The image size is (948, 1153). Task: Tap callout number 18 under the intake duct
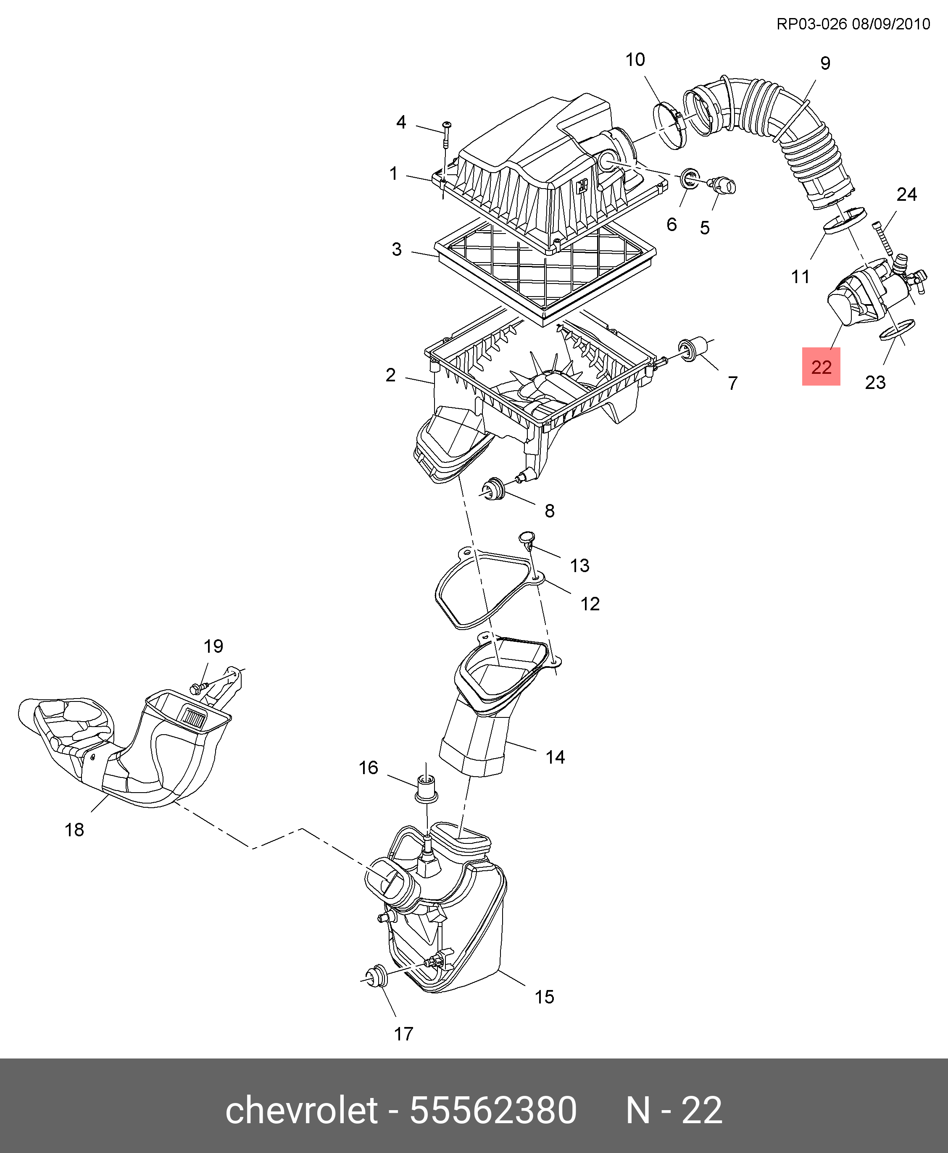pos(74,830)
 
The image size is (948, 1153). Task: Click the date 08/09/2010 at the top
pos(891,24)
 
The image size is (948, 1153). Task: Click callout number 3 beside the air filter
pos(397,249)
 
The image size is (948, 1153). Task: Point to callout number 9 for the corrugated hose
pos(825,63)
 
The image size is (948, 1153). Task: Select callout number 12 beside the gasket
pos(590,603)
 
